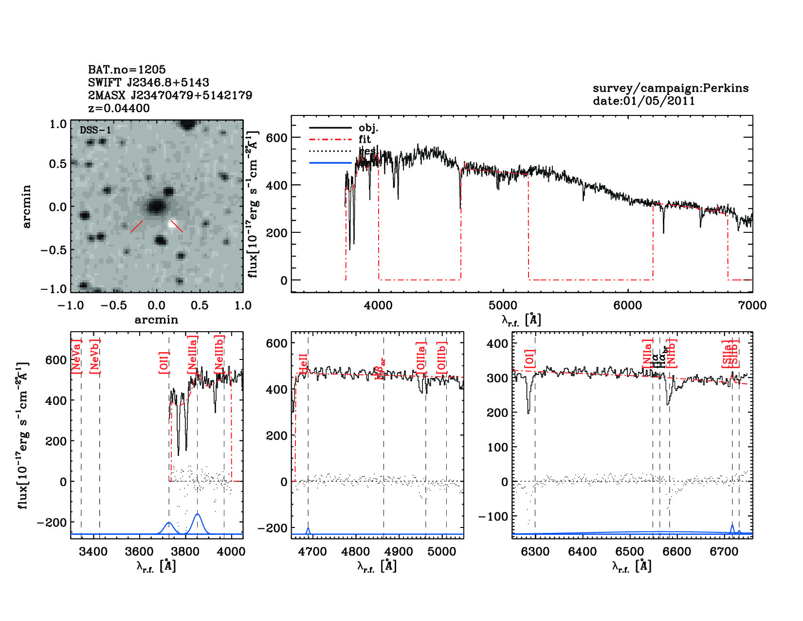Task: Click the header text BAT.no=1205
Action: tap(127, 70)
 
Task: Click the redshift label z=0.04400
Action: tap(119, 108)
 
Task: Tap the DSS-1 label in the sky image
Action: tap(95, 130)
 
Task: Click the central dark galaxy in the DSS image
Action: tap(156, 207)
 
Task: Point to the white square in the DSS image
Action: tap(172, 224)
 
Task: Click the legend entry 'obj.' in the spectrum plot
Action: tap(368, 128)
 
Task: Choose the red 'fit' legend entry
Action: tap(365, 139)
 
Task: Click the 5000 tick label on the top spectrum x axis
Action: tap(503, 305)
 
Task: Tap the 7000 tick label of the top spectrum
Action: tap(752, 305)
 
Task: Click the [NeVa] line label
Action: tap(76, 357)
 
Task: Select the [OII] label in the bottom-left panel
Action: tap(164, 362)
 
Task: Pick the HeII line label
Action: tap(304, 365)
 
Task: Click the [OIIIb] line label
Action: tap(441, 358)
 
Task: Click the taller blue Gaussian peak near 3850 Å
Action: tap(198, 515)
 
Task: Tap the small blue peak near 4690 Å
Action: tap(308, 529)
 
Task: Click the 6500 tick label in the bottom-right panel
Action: tap(630, 552)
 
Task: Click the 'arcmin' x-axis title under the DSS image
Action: tap(156, 320)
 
